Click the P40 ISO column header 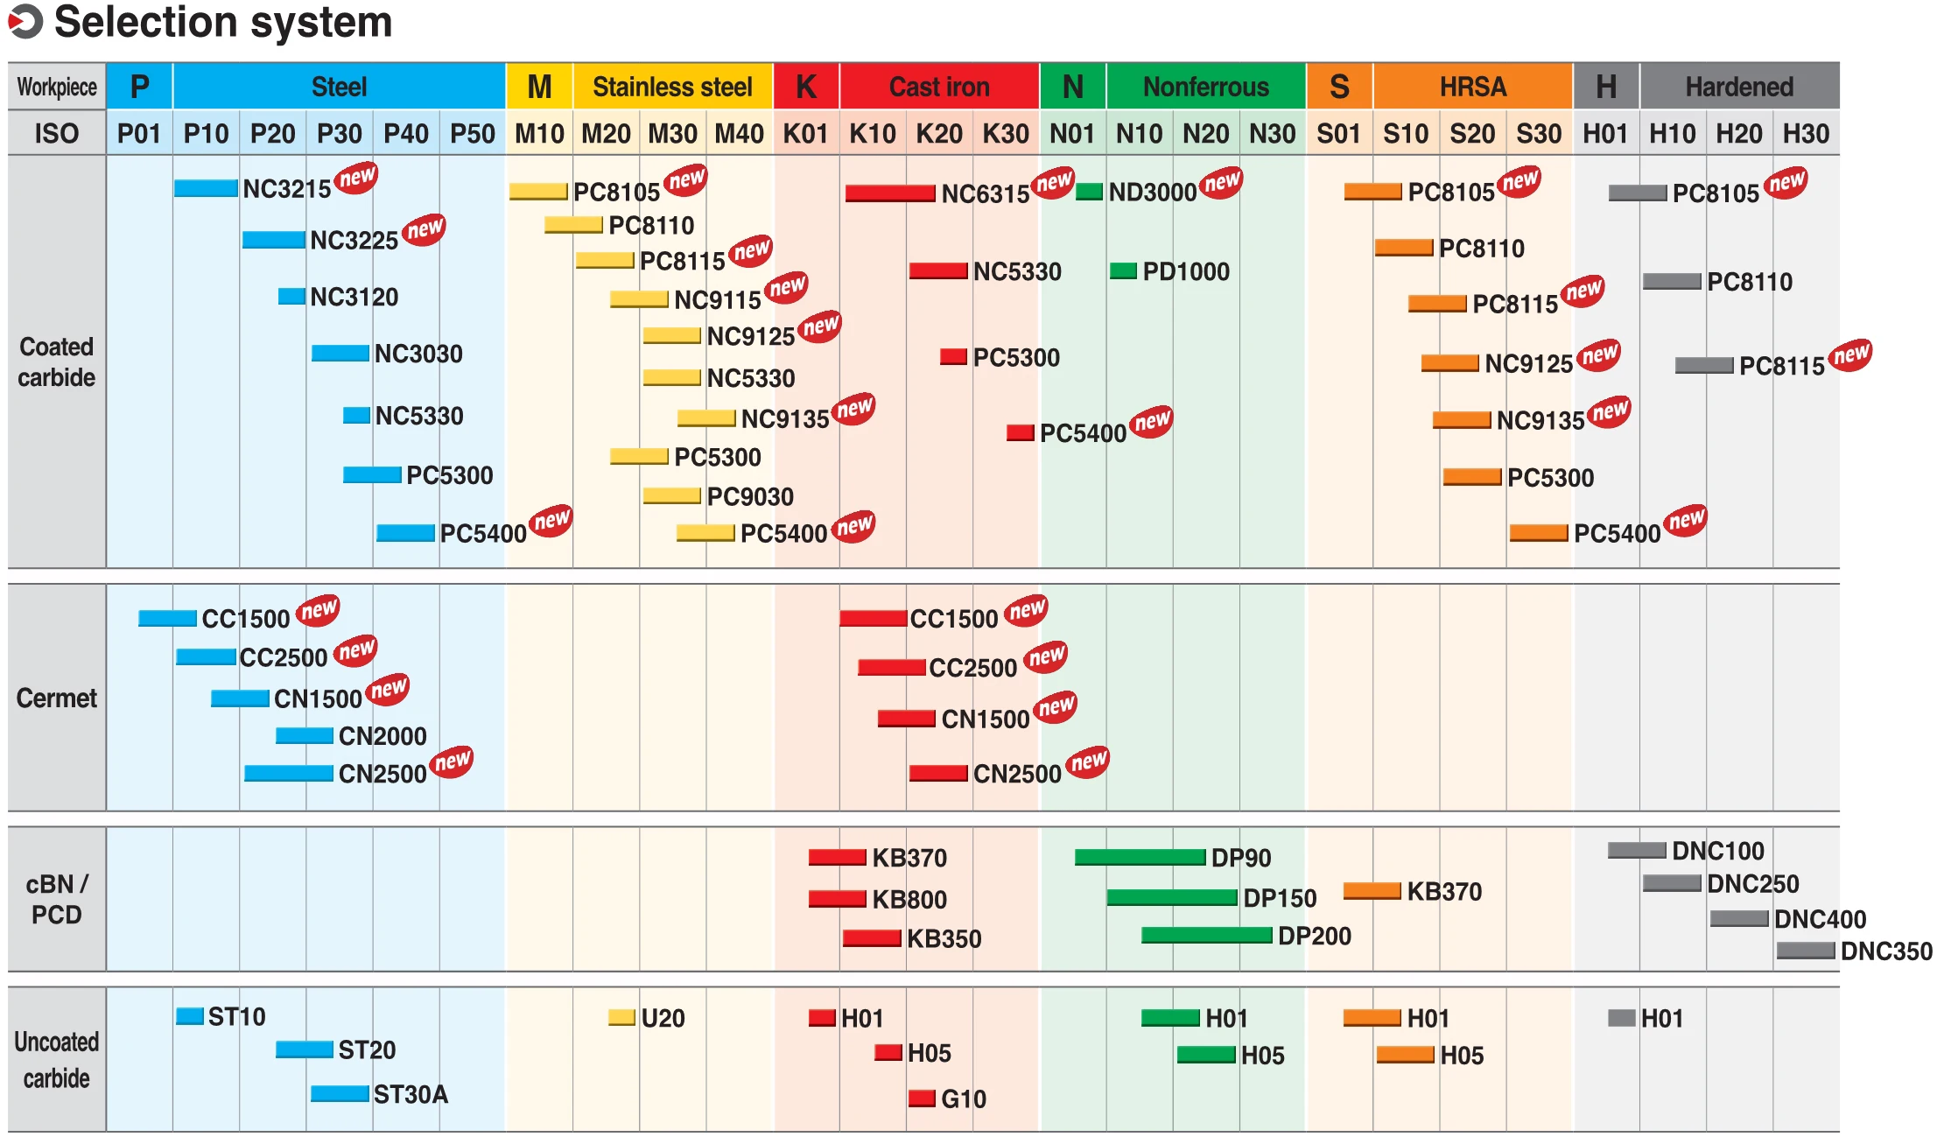(406, 134)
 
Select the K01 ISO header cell (806, 134)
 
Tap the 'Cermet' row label (57, 698)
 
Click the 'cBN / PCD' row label (57, 899)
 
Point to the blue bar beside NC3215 (206, 188)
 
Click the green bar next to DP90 (1140, 858)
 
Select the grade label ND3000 (1153, 193)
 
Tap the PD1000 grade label (1186, 271)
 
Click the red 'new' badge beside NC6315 (1053, 182)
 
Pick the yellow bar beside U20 (621, 1017)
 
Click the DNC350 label (1886, 951)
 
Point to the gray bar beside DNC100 (1637, 850)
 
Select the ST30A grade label (411, 1094)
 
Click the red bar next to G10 (922, 1098)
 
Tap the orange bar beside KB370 (1372, 891)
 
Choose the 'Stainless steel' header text (672, 87)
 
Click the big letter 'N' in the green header (1073, 87)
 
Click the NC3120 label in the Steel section (354, 298)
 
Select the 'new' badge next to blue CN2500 (453, 762)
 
